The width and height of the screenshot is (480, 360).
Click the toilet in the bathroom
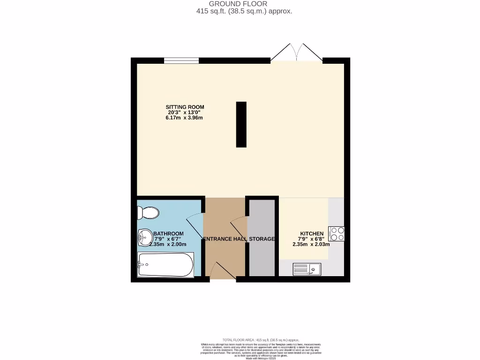click(x=148, y=213)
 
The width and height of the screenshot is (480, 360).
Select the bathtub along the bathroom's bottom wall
click(x=165, y=265)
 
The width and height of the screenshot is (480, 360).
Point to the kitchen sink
click(x=307, y=269)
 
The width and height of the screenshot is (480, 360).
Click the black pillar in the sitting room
click(x=241, y=125)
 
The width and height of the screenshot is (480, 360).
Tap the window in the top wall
click(x=181, y=60)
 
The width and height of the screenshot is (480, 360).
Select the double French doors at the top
click(x=296, y=52)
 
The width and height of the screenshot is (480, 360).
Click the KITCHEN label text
click(x=312, y=233)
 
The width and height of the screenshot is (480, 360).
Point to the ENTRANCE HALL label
click(x=224, y=239)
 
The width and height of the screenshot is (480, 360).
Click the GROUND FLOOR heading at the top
click(x=238, y=4)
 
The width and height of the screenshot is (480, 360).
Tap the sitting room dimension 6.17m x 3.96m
click(x=184, y=118)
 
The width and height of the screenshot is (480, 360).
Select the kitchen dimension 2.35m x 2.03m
click(x=311, y=244)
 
